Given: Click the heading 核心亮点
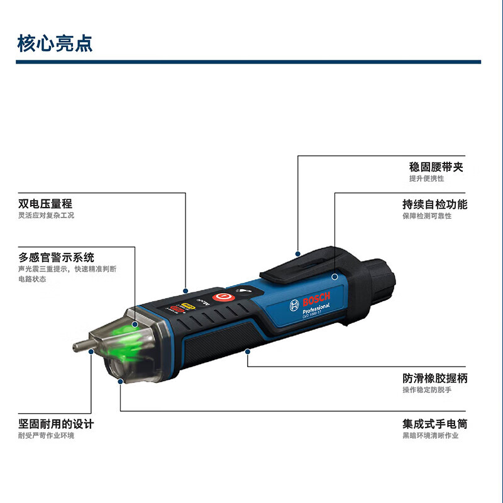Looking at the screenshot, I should tap(55, 43).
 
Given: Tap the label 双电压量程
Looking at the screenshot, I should tap(45, 204).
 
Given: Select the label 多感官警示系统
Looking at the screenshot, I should tap(57, 257).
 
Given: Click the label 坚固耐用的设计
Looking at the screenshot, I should tap(57, 424).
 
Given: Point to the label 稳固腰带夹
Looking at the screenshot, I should tap(438, 167).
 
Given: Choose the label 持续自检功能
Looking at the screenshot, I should tap(435, 204).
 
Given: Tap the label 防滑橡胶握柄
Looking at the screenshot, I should tap(435, 379).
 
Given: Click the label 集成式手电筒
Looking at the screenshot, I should tap(435, 424).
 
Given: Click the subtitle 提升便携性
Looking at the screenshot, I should tap(426, 179).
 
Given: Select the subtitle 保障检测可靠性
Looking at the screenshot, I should tap(427, 216).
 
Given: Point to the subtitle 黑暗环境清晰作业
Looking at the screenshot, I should tap(431, 435).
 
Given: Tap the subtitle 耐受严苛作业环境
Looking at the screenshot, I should tap(46, 435).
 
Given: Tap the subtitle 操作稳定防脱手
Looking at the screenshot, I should tap(427, 390).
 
